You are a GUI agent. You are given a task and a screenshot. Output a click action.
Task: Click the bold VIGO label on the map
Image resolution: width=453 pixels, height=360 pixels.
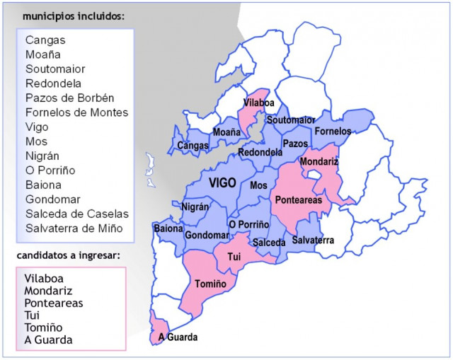click(x=222, y=183)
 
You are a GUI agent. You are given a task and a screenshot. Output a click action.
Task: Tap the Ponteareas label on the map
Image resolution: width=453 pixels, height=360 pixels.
click(x=298, y=200)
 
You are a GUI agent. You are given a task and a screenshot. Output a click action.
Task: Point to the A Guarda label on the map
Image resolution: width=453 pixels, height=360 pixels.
click(x=178, y=337)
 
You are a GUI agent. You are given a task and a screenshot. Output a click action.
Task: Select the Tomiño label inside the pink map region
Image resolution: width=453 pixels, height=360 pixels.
click(x=210, y=284)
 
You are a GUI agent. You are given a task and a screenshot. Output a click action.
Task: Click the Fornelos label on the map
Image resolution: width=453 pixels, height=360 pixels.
click(x=333, y=132)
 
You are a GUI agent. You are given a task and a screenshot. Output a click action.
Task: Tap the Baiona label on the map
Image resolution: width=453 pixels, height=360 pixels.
click(x=168, y=228)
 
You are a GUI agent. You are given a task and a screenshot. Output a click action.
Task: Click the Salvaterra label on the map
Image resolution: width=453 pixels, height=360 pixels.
click(x=313, y=240)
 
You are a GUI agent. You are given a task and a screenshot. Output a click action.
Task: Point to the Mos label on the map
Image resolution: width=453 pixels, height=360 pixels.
click(x=259, y=185)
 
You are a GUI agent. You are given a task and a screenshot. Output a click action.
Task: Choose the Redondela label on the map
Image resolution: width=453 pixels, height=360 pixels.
click(x=260, y=152)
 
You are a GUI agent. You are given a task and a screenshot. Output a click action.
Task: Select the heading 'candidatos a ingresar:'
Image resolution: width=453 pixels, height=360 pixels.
click(x=68, y=255)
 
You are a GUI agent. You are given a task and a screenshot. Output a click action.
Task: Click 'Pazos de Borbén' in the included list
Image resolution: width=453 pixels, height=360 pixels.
click(x=69, y=98)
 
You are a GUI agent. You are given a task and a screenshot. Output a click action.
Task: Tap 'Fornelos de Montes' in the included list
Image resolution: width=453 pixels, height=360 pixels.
click(x=76, y=112)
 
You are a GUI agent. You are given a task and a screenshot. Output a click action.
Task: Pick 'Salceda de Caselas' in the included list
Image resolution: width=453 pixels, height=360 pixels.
click(x=77, y=214)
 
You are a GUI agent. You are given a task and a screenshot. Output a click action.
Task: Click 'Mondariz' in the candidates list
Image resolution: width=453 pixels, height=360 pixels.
click(x=48, y=291)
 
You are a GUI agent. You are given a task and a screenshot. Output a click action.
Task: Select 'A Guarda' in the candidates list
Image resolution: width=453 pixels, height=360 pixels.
click(x=48, y=340)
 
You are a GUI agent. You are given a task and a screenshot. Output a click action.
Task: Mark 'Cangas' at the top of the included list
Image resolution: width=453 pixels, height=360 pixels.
click(x=45, y=40)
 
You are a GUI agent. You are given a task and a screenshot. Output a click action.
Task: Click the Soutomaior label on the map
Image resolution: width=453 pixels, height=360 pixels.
click(x=291, y=120)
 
